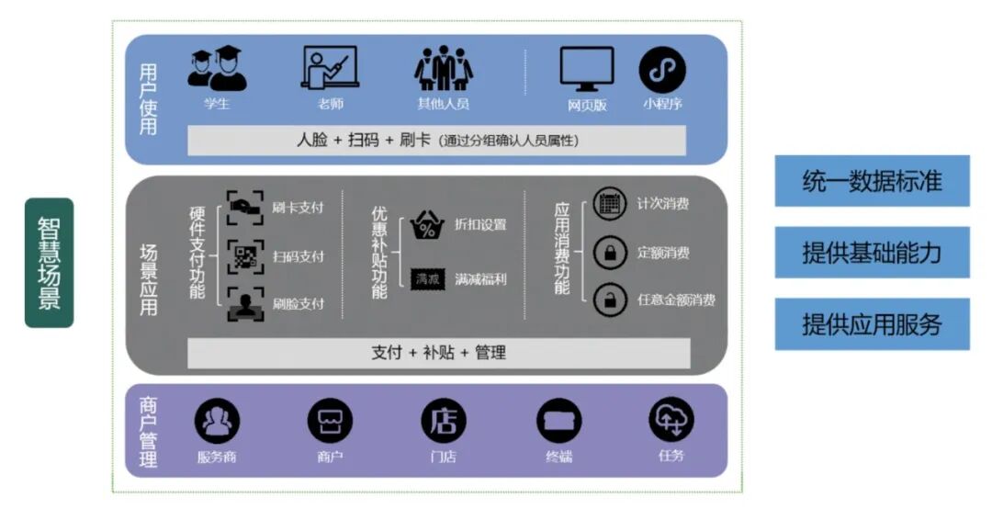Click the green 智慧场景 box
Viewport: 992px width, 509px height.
click(x=49, y=263)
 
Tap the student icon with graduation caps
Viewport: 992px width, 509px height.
click(x=217, y=69)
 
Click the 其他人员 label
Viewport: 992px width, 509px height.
click(x=443, y=104)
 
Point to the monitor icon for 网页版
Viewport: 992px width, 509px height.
click(x=586, y=69)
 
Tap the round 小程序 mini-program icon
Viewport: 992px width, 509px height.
click(x=662, y=70)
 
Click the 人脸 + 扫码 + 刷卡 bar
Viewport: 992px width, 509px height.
click(x=436, y=141)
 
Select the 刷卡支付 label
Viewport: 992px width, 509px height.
click(x=298, y=207)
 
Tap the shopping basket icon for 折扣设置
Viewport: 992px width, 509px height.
click(x=426, y=225)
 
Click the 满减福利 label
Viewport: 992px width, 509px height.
click(x=479, y=278)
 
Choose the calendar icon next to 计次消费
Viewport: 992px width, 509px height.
click(x=610, y=203)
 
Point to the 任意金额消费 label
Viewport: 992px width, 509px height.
click(x=675, y=300)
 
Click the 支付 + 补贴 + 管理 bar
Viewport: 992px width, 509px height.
click(x=438, y=353)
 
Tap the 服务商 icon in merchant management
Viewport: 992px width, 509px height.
click(x=217, y=422)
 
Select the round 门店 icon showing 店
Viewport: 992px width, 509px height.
click(x=444, y=422)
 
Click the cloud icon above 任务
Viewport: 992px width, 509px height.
click(x=671, y=420)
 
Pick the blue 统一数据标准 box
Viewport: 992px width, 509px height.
click(x=872, y=181)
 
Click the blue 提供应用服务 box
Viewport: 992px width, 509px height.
click(x=872, y=324)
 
